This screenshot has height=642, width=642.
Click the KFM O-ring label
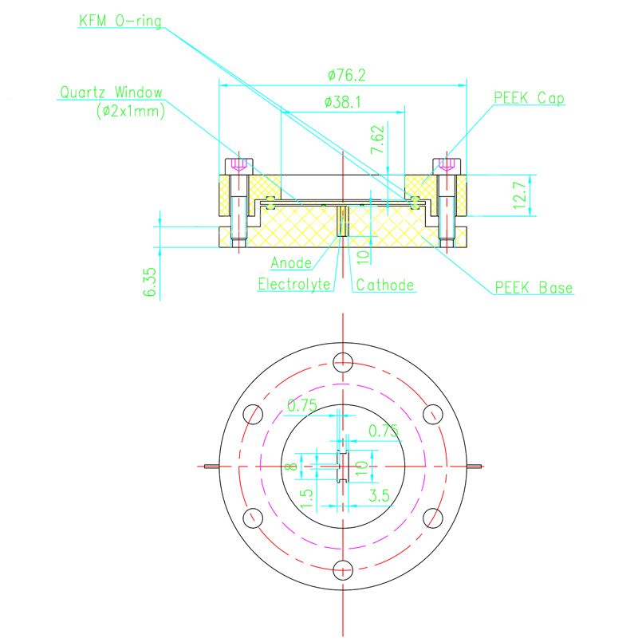click(120, 21)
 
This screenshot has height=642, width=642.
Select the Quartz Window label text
click(112, 93)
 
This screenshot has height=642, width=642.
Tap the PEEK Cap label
click(529, 98)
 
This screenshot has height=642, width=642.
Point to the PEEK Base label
click(534, 287)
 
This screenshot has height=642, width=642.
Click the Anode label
click(291, 263)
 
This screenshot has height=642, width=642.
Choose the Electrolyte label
click(294, 284)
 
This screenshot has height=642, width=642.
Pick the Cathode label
click(385, 285)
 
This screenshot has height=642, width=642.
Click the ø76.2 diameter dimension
click(347, 75)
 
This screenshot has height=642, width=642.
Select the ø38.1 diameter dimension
click(343, 102)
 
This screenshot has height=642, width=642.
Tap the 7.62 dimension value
click(377, 140)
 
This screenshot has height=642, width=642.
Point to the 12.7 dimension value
click(520, 195)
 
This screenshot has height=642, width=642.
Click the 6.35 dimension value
click(149, 282)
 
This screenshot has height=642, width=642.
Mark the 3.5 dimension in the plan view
click(379, 496)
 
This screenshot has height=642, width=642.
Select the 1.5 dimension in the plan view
click(306, 498)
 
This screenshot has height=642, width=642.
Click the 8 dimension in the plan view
click(291, 466)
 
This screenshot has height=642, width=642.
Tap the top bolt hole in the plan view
click(343, 362)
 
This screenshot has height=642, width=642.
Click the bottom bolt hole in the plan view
click(343, 570)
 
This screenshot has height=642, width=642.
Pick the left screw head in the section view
click(239, 166)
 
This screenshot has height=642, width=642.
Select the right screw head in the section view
click(447, 166)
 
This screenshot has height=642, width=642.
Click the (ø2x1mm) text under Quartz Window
click(131, 111)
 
